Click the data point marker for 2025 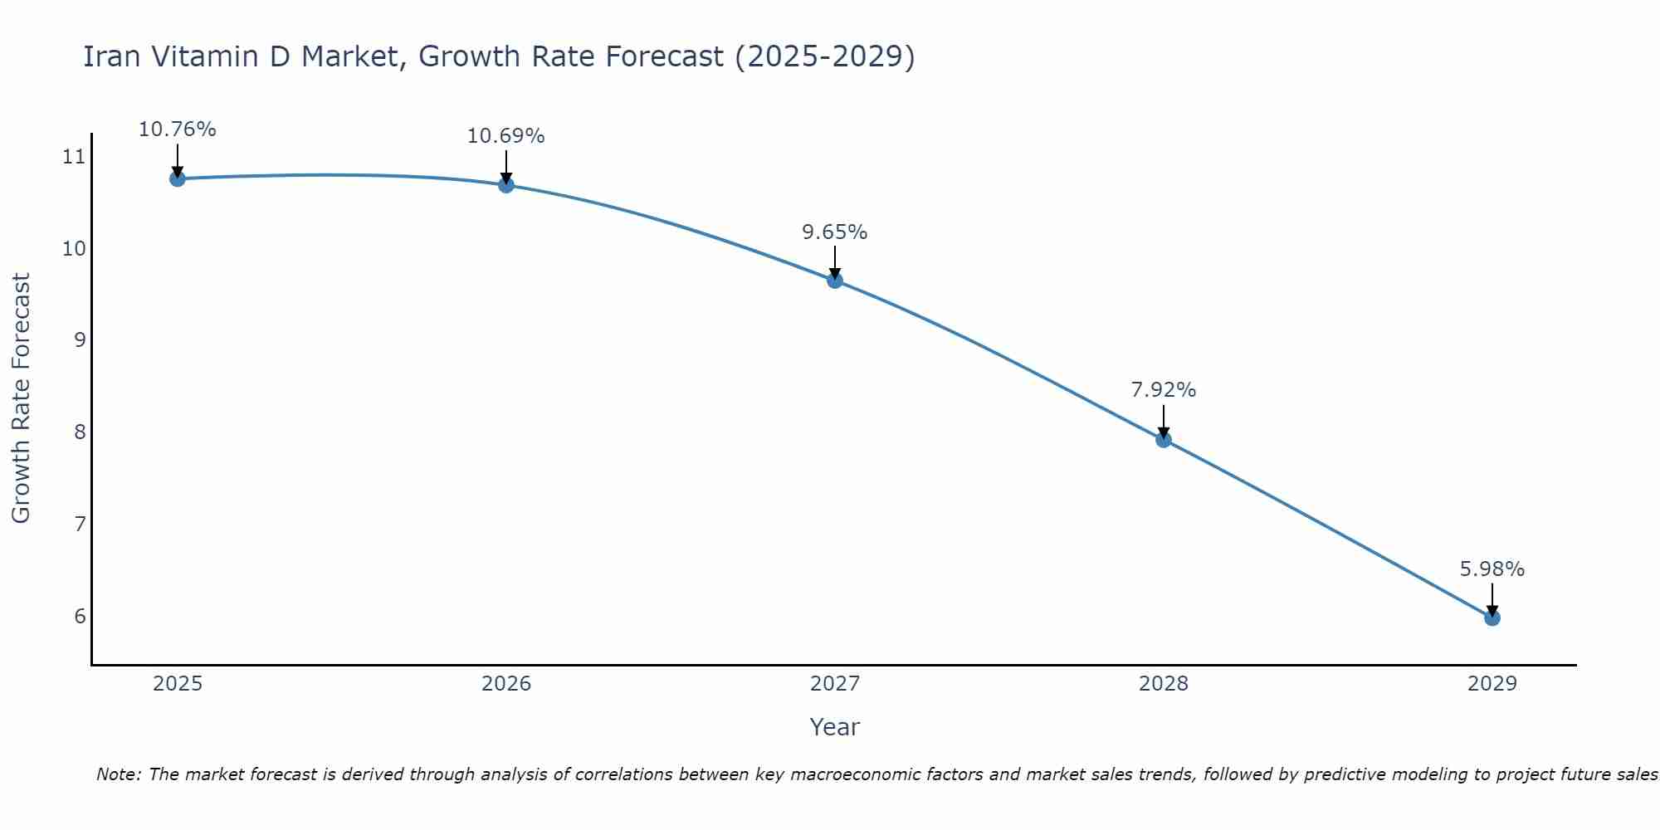pyautogui.click(x=177, y=178)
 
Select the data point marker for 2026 pyautogui.click(x=506, y=185)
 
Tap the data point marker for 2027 pyautogui.click(x=835, y=281)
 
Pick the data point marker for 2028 pyautogui.click(x=1164, y=440)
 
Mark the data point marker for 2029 pyautogui.click(x=1492, y=618)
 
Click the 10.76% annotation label pyautogui.click(x=177, y=129)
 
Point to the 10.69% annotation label pyautogui.click(x=506, y=136)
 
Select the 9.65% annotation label pyautogui.click(x=835, y=232)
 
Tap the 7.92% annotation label pyautogui.click(x=1164, y=390)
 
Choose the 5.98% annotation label pyautogui.click(x=1492, y=569)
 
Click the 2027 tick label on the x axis pyautogui.click(x=835, y=684)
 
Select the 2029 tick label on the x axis pyautogui.click(x=1492, y=684)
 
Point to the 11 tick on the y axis pyautogui.click(x=74, y=156)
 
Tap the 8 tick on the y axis pyautogui.click(x=80, y=432)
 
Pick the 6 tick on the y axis pyautogui.click(x=80, y=616)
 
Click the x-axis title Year pyautogui.click(x=835, y=727)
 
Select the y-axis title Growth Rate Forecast pyautogui.click(x=22, y=398)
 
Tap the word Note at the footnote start pyautogui.click(x=118, y=774)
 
